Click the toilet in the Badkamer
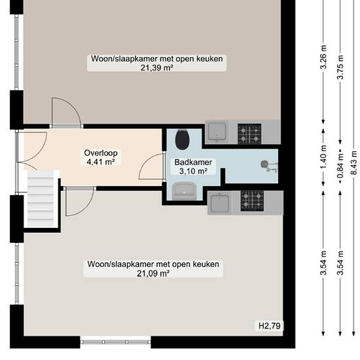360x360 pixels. point(183,139)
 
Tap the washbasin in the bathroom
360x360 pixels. point(184,190)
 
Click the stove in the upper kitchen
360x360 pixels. point(249,134)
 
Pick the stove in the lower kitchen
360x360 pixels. point(252,201)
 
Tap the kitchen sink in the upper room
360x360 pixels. point(217,132)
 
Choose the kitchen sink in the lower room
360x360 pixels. point(220,203)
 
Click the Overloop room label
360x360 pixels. point(101,153)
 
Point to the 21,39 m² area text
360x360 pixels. point(156,68)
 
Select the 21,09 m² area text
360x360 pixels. point(153,274)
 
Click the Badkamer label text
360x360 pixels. point(193,162)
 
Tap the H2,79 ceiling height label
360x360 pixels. point(270,326)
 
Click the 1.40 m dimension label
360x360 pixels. point(323,157)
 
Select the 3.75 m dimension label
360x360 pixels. point(340,67)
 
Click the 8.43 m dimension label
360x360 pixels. point(354,163)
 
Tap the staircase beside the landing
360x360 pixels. point(41,199)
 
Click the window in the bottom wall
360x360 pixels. point(115,342)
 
